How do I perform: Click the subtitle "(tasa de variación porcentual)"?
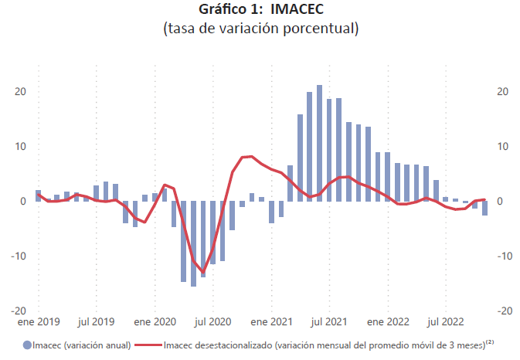(x=260, y=30)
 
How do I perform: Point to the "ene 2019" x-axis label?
(x=38, y=321)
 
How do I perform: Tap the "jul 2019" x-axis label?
(x=97, y=321)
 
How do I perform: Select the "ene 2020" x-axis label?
(x=155, y=321)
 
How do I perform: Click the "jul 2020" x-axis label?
(x=213, y=321)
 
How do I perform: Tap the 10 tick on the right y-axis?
(x=503, y=146)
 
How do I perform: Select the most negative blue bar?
(x=193, y=243)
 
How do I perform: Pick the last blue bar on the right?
(x=484, y=208)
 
